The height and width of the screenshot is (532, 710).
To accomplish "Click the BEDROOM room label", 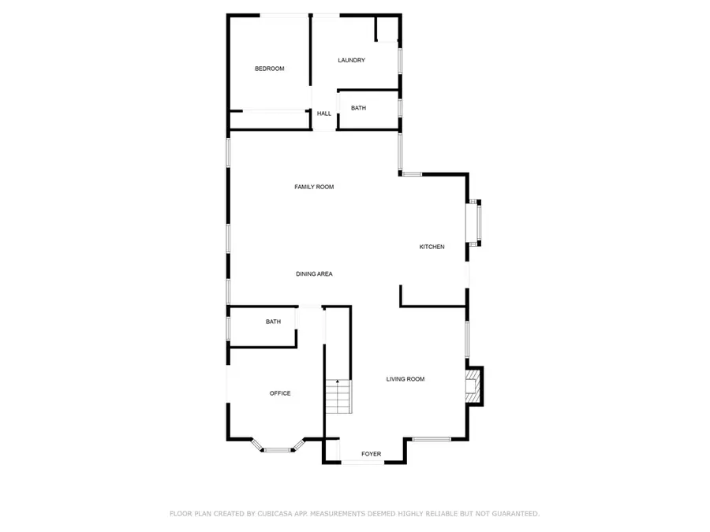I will click(269, 69).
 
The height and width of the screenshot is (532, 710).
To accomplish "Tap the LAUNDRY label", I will click(351, 60).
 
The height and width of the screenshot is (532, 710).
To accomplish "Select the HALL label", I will click(324, 113).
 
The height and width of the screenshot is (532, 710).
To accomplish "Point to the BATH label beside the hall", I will click(358, 108).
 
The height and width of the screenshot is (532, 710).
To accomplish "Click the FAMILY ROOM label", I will click(314, 187).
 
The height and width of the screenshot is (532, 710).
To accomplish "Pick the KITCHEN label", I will click(432, 247).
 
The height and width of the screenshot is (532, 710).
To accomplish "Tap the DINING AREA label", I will click(314, 273).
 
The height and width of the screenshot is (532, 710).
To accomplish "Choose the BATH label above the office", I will click(273, 322).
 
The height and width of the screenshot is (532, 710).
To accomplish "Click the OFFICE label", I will click(280, 393).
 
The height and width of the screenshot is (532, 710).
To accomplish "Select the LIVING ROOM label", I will click(405, 379).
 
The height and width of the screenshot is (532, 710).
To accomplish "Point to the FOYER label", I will click(371, 454).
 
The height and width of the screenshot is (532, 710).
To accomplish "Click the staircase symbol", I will click(338, 396).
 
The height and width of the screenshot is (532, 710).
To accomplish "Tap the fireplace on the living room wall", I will click(473, 386).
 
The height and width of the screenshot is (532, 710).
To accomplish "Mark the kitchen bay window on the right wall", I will click(476, 224).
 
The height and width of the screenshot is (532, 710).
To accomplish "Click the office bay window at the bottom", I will click(277, 448).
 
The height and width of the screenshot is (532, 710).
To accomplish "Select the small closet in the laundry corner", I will click(387, 29).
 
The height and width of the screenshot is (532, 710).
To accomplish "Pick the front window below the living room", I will click(432, 439).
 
